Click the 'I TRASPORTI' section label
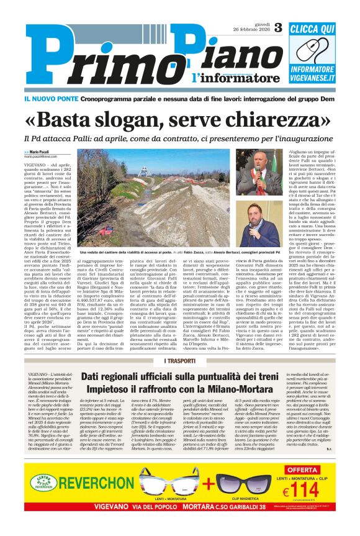pos(180,361)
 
